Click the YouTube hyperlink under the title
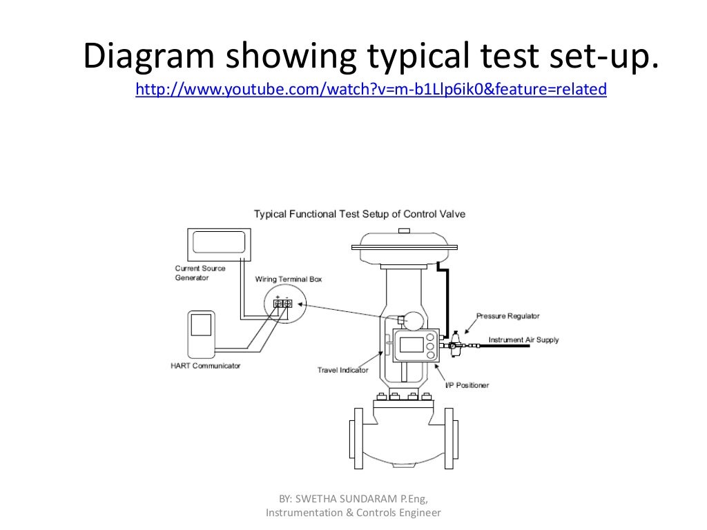tap(371, 89)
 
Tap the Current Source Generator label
tap(200, 273)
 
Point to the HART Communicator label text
tap(206, 365)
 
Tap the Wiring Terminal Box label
tap(289, 279)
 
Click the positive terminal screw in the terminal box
tap(278, 304)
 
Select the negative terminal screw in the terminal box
tap(288, 304)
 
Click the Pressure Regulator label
tap(507, 316)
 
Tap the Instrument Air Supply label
tap(523, 340)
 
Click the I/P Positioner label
tap(466, 384)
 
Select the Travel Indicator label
tap(342, 370)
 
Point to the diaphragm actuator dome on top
tap(404, 243)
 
